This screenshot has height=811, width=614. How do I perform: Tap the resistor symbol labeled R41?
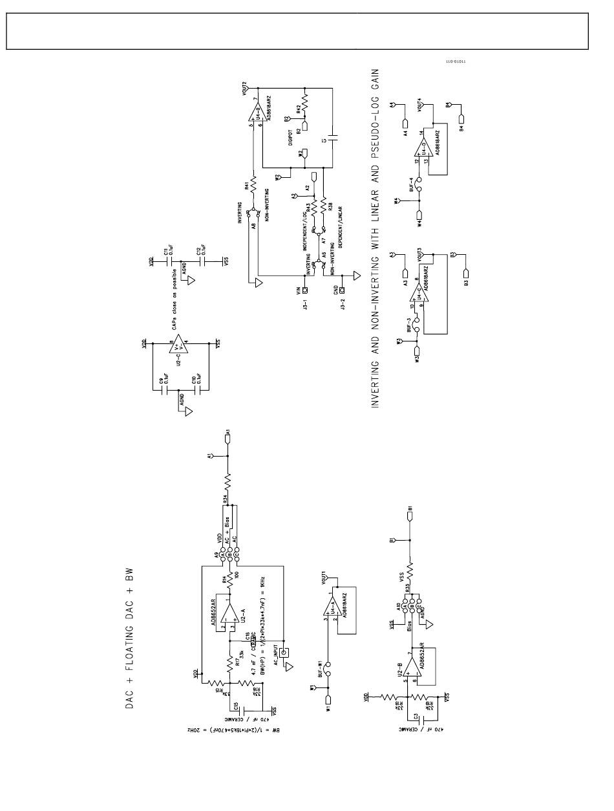point(254,185)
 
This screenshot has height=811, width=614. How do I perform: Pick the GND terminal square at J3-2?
point(342,291)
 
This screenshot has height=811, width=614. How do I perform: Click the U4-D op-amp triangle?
point(420,147)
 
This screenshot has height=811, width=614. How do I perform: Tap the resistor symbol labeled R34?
point(228,482)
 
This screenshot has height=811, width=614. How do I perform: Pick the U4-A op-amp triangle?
point(329,607)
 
